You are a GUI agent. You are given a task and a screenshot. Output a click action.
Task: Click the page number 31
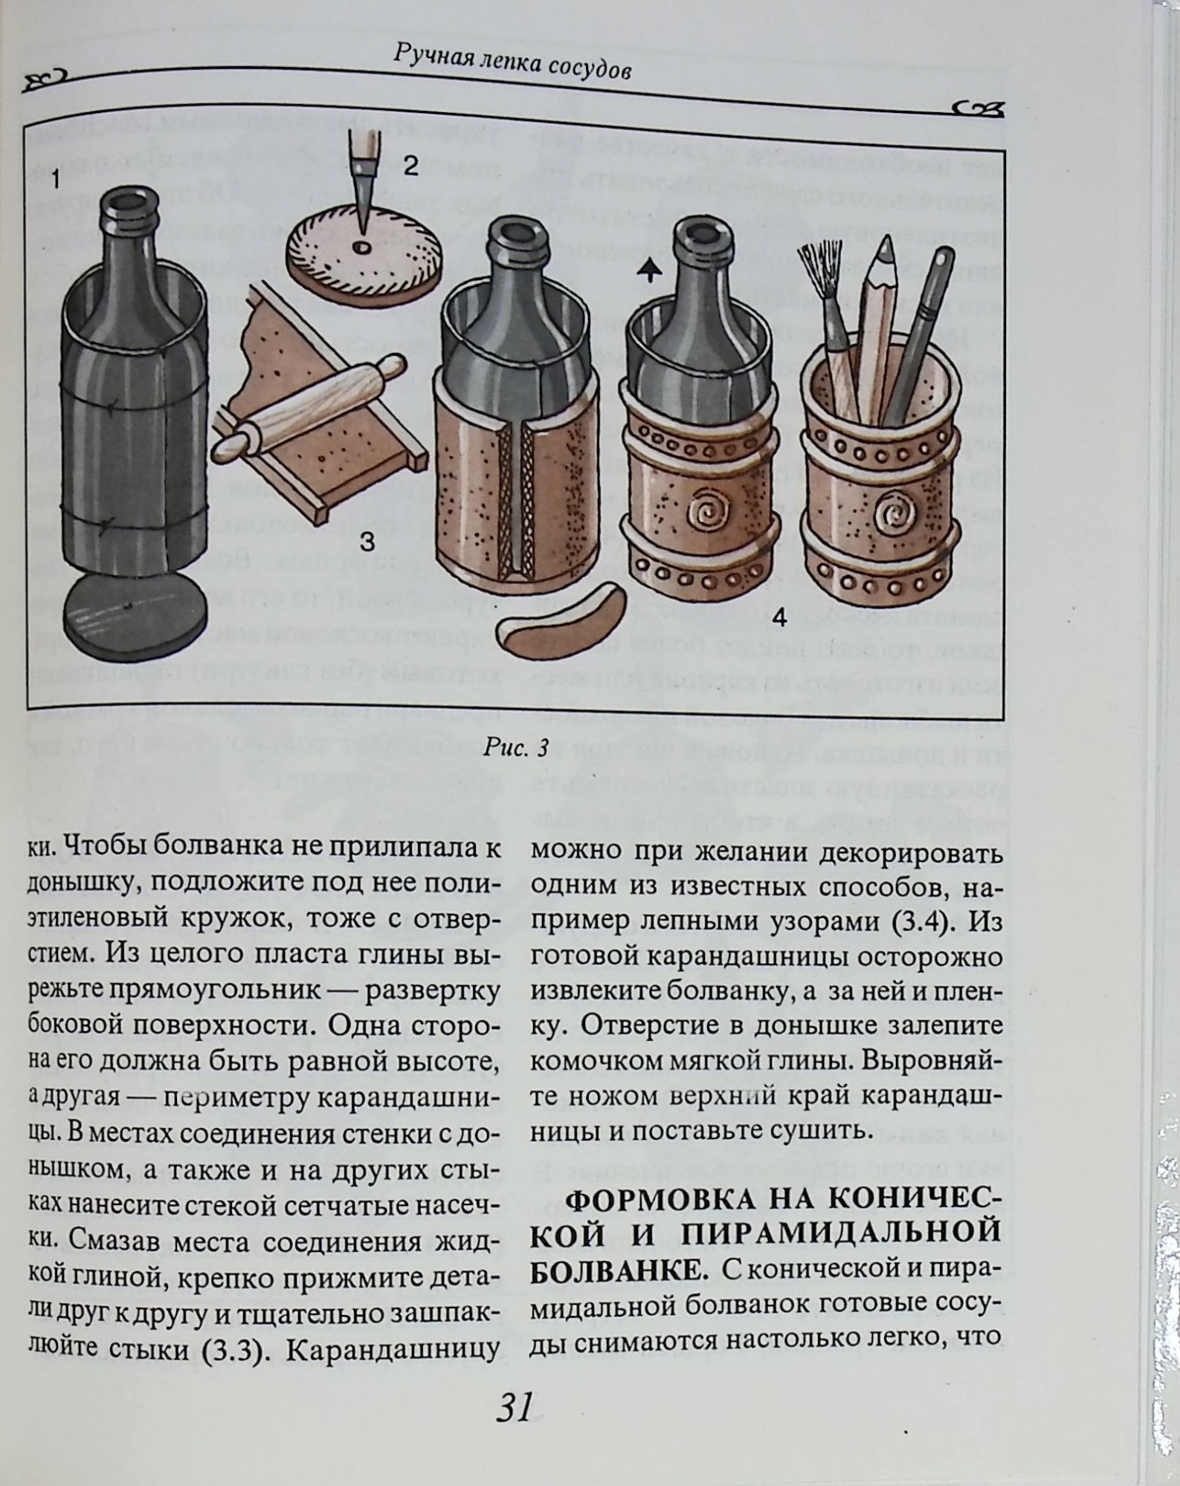click(514, 1406)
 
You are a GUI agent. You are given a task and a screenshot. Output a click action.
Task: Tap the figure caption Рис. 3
click(516, 747)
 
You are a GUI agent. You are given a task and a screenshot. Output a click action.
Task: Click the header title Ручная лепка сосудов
click(514, 65)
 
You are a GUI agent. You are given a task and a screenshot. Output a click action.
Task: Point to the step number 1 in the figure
click(56, 179)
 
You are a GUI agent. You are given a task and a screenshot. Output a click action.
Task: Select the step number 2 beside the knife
click(411, 166)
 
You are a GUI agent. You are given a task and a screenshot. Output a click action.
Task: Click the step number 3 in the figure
click(367, 542)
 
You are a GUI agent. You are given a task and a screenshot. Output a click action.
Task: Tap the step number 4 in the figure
click(779, 617)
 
